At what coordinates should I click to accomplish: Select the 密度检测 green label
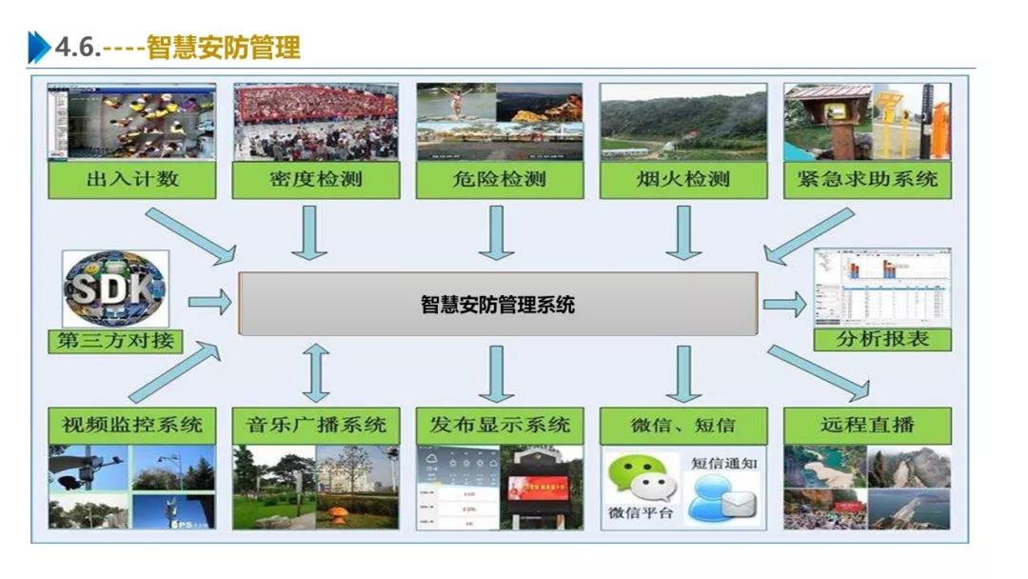pos(315,179)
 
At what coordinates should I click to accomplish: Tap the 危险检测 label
pos(499,179)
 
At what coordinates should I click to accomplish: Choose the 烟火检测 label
pos(682,179)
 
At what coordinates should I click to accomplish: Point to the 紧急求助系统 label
pos(867,179)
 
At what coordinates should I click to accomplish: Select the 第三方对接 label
pos(115,341)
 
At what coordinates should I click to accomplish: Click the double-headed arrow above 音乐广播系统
pos(316,372)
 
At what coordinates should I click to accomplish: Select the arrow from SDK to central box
pos(208,304)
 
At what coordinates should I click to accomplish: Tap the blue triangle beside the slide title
pos(39,47)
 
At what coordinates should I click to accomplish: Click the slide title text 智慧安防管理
pos(224,47)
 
